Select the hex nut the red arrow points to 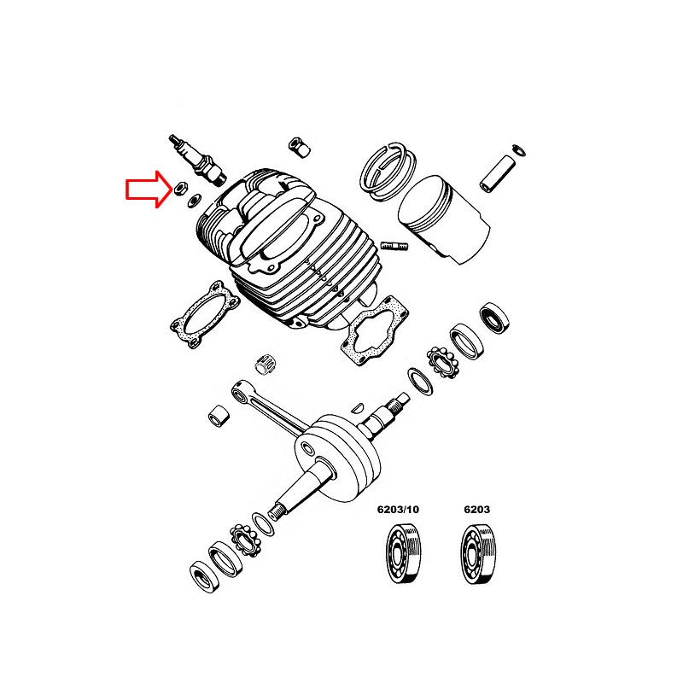[179, 188]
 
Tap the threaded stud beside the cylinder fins [395, 248]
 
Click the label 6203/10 [398, 510]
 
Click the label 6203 [476, 510]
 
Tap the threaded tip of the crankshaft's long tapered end [277, 511]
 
